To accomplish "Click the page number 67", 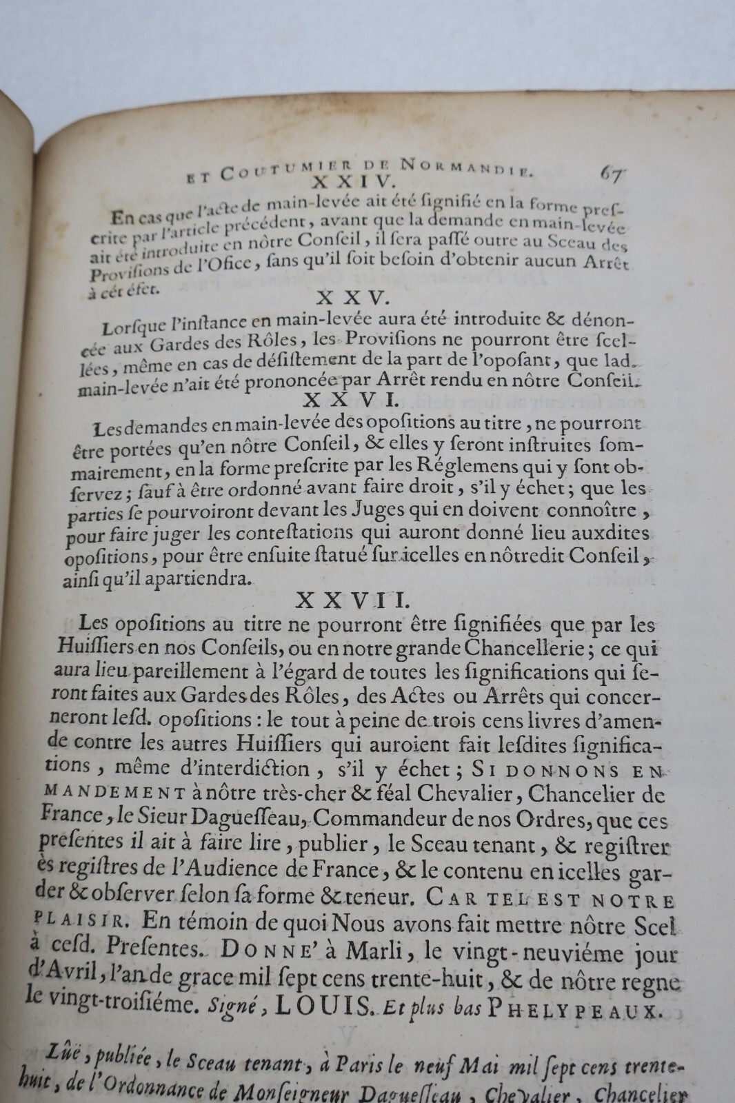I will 611,175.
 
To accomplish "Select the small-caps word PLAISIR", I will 79,920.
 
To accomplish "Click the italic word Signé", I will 229,1007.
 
